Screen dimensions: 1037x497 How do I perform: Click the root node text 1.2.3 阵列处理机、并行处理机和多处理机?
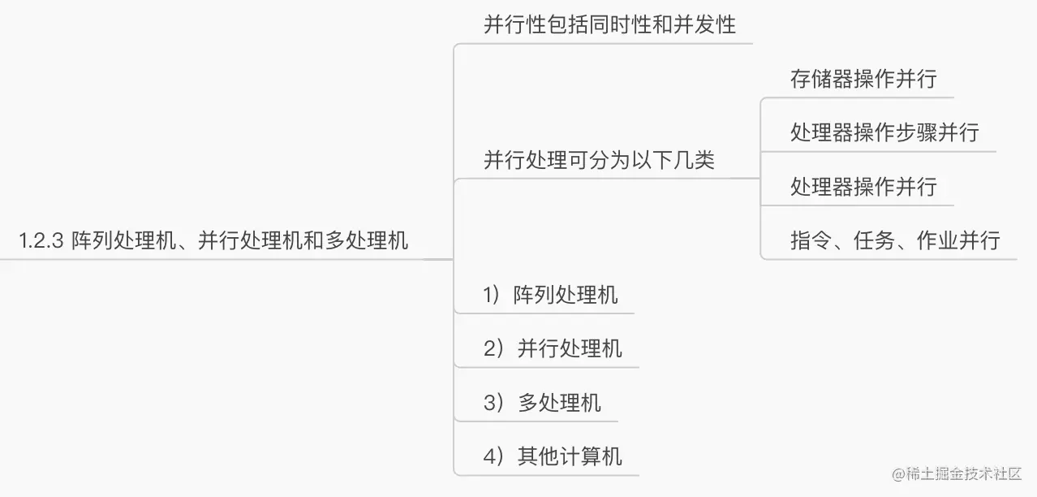213,240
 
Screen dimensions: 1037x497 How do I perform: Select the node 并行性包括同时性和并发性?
609,24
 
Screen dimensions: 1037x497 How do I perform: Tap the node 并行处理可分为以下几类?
599,160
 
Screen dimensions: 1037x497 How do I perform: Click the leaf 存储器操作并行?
864,79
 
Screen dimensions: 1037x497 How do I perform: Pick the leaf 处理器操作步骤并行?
884,132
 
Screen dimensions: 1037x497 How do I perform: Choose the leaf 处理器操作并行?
864,187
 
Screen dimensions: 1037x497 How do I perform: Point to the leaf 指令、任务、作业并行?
895,240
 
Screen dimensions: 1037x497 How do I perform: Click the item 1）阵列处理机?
550,295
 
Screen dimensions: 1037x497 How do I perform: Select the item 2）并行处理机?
553,348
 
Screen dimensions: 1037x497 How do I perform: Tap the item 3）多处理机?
542,403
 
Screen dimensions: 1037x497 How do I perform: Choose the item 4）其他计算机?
553,456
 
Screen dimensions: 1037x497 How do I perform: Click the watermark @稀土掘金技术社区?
957,473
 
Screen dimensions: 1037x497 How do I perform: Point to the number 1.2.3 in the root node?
41,241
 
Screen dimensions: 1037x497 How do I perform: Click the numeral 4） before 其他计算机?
493,456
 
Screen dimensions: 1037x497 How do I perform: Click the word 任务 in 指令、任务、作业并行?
875,240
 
